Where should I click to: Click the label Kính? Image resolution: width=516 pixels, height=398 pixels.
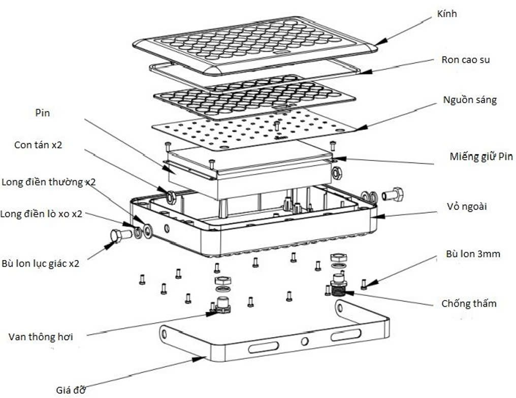446,14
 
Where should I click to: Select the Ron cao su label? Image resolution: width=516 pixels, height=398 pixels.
465,60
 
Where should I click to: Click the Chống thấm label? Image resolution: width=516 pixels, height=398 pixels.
469,304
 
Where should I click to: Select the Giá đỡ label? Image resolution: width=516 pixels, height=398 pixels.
70,389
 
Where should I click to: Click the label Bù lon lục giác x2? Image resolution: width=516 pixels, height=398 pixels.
40,263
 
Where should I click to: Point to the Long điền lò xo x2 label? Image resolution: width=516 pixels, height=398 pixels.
41,214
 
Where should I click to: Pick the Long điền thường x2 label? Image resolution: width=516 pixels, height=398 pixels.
48,182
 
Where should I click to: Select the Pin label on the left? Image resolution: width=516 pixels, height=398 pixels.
43,113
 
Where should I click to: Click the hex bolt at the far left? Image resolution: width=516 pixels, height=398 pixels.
117,236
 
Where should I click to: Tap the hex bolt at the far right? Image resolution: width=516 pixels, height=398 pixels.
393,194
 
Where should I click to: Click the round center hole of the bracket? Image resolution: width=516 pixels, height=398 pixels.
304,341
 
